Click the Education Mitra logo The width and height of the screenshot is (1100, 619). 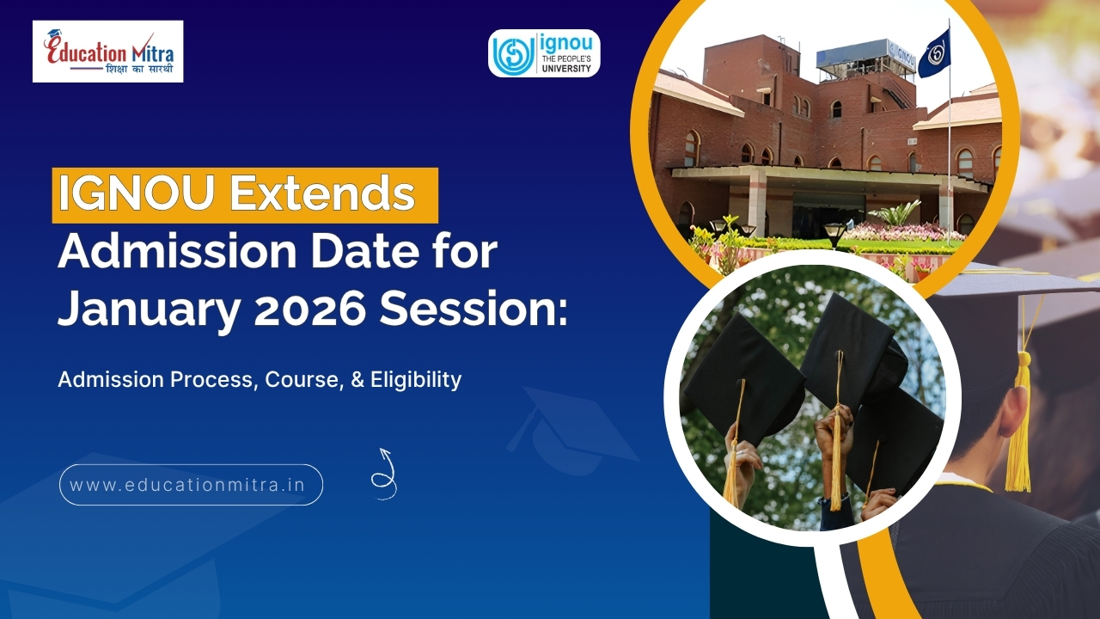point(107,51)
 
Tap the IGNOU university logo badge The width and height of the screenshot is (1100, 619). point(544,53)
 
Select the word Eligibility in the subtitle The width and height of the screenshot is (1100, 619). point(416,379)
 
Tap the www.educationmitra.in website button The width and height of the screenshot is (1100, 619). point(191,485)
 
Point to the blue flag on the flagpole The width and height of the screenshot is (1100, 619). point(934,53)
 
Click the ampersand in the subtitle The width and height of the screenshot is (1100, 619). point(357,379)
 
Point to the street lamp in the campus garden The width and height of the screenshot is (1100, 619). point(834,233)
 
